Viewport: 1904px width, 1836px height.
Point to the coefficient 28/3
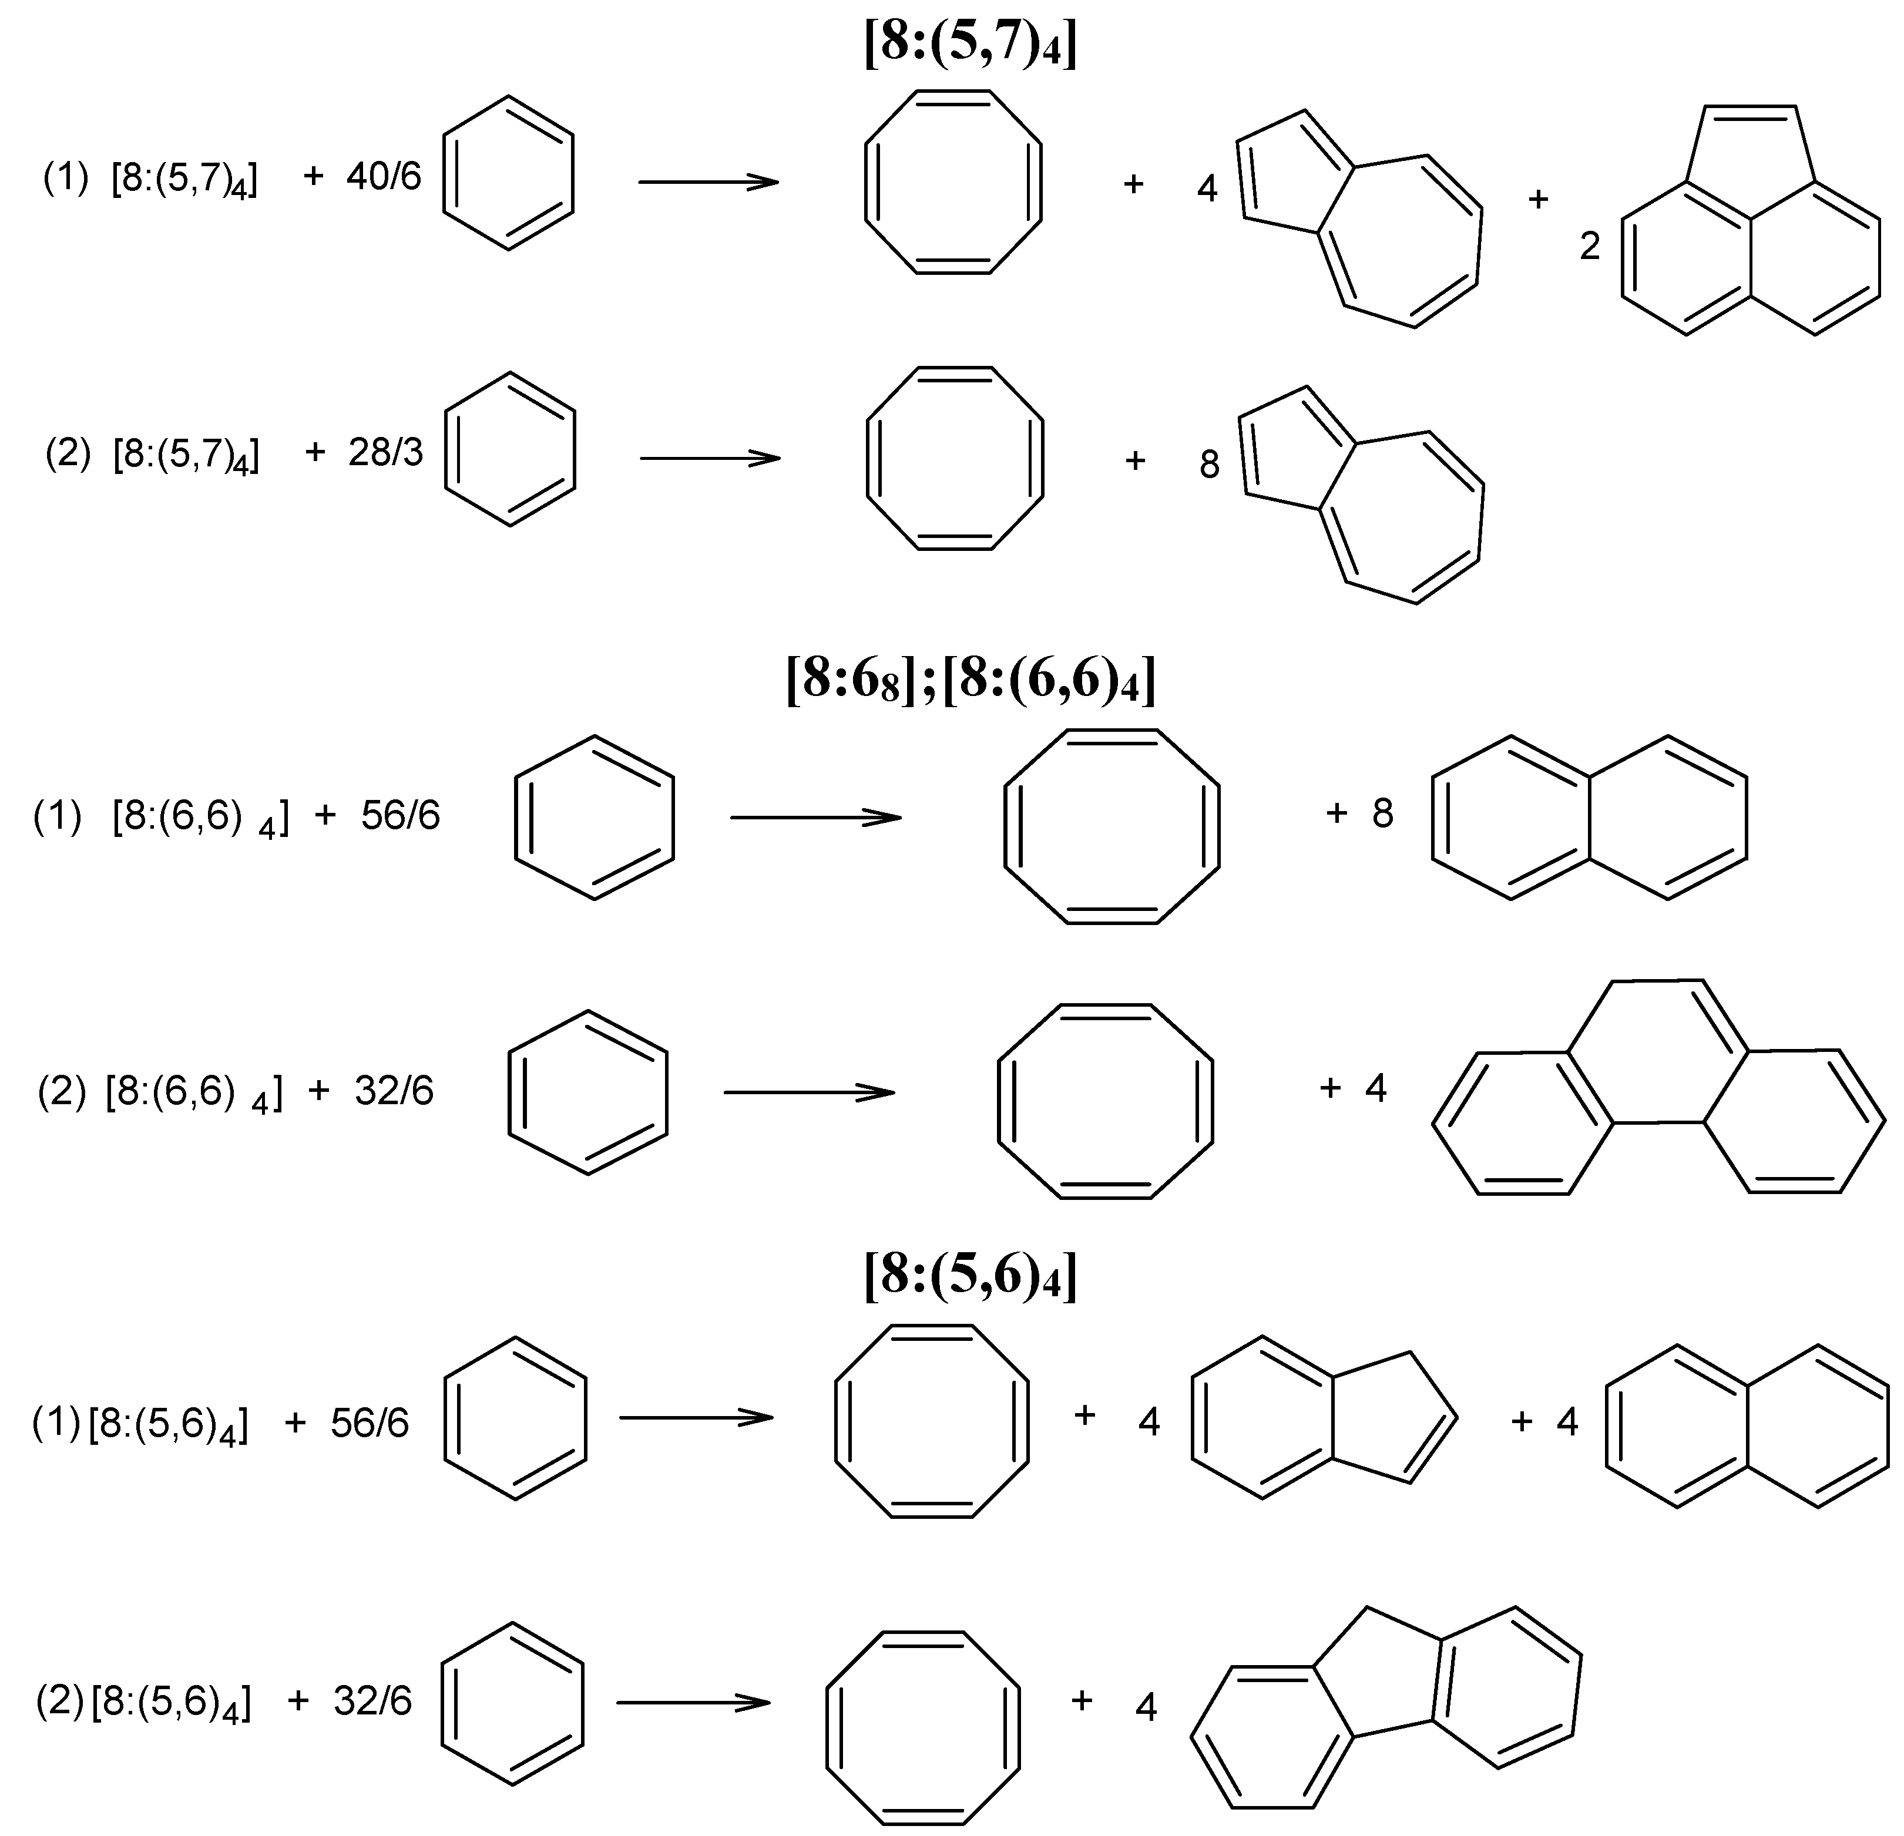tap(385, 453)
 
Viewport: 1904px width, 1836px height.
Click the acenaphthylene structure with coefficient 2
tap(1748, 233)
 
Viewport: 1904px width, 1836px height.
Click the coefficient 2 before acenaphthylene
tap(1589, 247)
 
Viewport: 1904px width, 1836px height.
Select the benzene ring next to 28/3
tap(510, 449)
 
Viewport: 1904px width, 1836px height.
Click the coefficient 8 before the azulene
tap(1208, 465)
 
